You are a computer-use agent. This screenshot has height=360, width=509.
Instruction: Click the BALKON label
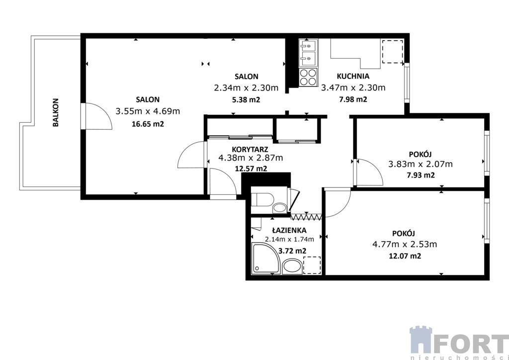pyautogui.click(x=56, y=112)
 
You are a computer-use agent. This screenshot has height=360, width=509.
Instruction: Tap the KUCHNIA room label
pyautogui.click(x=353, y=77)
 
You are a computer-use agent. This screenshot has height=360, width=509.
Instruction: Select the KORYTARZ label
pyautogui.click(x=250, y=149)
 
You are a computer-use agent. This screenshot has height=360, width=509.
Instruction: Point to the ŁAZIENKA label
pyautogui.click(x=289, y=230)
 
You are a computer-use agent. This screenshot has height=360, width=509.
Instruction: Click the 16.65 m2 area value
pyautogui.click(x=148, y=124)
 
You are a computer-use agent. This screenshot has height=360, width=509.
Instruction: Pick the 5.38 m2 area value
pyautogui.click(x=247, y=99)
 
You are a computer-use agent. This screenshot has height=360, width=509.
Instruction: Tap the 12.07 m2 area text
pyautogui.click(x=405, y=256)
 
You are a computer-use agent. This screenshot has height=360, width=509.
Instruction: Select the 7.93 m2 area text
pyautogui.click(x=421, y=176)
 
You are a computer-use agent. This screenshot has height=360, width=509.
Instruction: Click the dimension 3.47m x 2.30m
pyautogui.click(x=353, y=88)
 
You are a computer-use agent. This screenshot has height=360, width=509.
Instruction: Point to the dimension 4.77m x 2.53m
pyautogui.click(x=405, y=244)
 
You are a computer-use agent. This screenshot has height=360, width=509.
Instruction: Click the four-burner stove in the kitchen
pyautogui.click(x=308, y=77)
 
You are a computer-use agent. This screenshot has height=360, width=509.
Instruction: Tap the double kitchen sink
pyautogui.click(x=308, y=52)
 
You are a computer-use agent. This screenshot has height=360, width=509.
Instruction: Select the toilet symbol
pyautogui.click(x=263, y=199)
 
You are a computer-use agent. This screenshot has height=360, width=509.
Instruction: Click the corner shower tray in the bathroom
pyautogui.click(x=265, y=258)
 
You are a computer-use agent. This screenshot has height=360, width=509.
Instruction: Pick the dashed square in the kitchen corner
pyautogui.click(x=393, y=52)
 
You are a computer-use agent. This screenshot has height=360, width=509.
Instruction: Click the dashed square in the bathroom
pyautogui.click(x=312, y=265)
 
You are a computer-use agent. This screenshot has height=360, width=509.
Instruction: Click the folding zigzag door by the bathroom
pyautogui.click(x=306, y=216)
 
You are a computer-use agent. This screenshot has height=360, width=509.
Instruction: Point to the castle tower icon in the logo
pyautogui.click(x=421, y=340)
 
